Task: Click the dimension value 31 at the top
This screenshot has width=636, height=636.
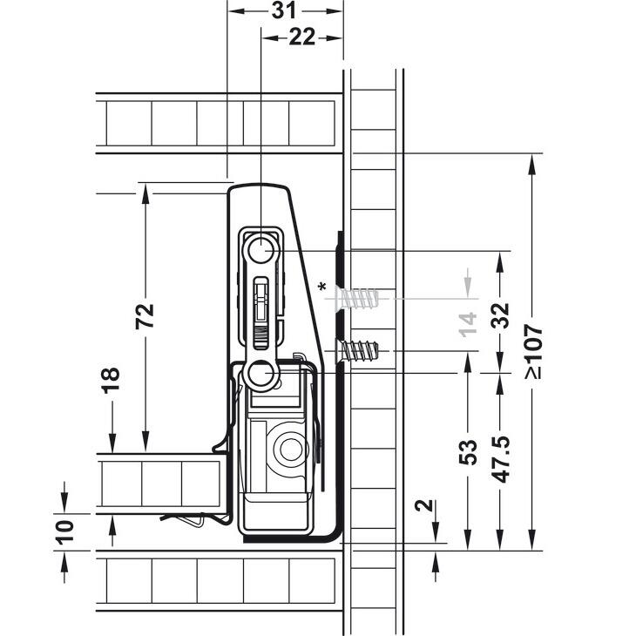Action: click(x=284, y=10)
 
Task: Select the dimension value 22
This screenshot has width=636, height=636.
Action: click(x=301, y=37)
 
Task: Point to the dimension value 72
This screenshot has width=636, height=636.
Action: click(x=145, y=315)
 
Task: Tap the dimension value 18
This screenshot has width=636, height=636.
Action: click(x=111, y=381)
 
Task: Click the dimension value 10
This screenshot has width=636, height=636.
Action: click(x=64, y=532)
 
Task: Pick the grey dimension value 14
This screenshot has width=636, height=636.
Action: click(x=468, y=324)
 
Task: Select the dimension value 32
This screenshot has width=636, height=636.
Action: click(x=500, y=315)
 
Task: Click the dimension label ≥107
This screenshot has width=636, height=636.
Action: click(x=533, y=351)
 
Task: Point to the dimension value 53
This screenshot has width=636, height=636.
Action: click(x=468, y=452)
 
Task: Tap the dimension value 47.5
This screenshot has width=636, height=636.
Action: click(x=500, y=459)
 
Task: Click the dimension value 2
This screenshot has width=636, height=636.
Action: click(x=424, y=506)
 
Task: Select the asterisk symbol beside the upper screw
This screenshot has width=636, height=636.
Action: click(x=322, y=287)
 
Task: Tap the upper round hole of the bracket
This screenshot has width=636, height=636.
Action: click(x=260, y=249)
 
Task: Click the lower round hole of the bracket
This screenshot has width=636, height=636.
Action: click(x=260, y=373)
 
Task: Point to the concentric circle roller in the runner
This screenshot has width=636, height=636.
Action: click(x=290, y=449)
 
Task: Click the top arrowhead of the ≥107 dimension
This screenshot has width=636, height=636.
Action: click(x=533, y=165)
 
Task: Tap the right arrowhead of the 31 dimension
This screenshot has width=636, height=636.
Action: click(x=333, y=11)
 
